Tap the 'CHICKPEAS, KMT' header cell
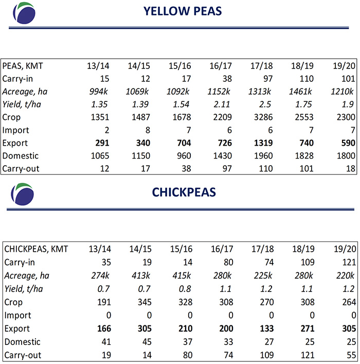pos(36,249)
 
